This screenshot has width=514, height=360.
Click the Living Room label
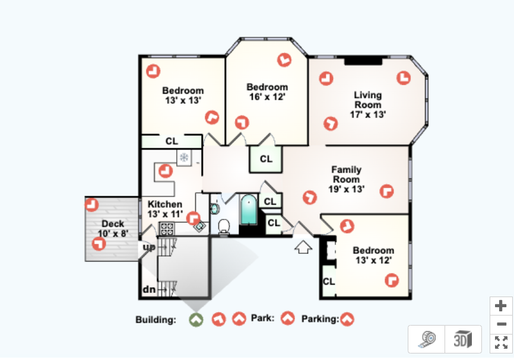pos(368,104)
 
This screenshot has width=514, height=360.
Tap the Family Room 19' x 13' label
pos(347,179)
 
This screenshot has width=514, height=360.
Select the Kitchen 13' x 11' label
pos(165,209)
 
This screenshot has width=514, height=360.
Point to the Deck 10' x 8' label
pos(113,228)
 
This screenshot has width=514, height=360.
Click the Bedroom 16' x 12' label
pos(267,92)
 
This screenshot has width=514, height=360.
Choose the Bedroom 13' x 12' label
pos(373,255)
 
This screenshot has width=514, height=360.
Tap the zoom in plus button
pos(500,306)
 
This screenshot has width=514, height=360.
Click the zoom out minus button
pos(500,324)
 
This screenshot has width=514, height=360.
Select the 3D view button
pos(463,339)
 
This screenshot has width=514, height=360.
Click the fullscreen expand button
pos(500,343)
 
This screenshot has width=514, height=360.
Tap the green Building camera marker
pos(196,320)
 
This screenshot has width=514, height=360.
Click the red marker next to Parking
pos(347,318)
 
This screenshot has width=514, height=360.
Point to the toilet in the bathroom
pos(224,227)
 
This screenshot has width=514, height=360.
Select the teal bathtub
pos(249,209)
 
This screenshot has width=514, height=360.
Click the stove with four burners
pos(167,229)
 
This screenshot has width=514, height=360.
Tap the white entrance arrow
pos(303,247)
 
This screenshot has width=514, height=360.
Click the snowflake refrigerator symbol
pos(184,158)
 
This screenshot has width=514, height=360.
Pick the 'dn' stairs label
pos(149,289)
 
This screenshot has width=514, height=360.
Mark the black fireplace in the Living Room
pos(363,60)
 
